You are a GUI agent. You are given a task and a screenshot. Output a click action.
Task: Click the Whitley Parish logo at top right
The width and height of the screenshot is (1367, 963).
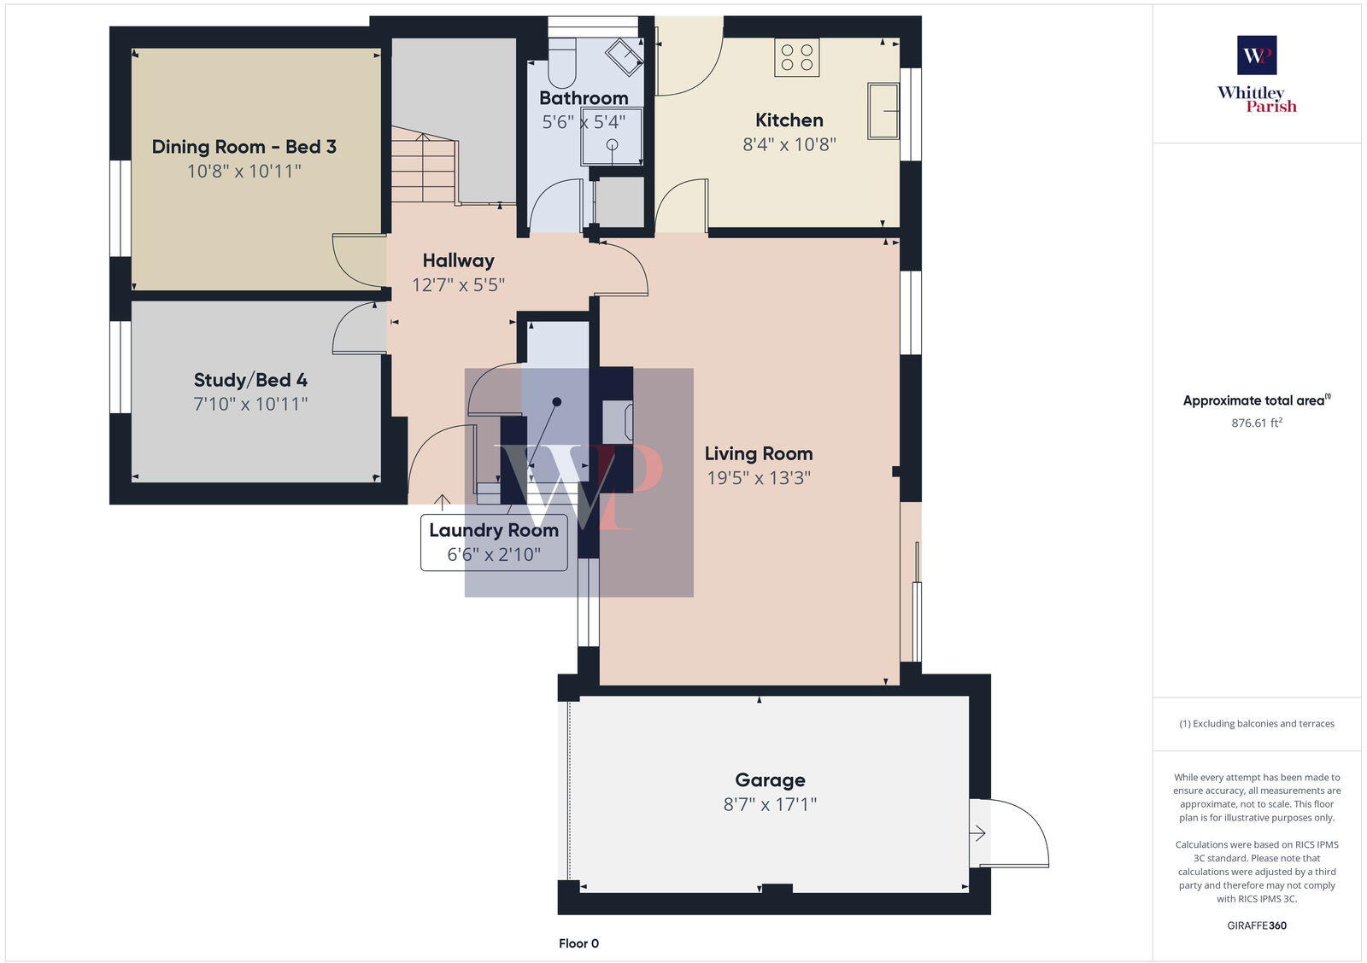coord(1257,75)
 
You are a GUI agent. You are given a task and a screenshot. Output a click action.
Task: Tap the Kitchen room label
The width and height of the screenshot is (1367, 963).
coord(789,120)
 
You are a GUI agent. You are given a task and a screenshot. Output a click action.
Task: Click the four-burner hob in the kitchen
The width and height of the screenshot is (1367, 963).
coord(796,57)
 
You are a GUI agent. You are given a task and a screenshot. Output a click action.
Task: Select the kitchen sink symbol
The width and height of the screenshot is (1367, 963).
coord(883,110)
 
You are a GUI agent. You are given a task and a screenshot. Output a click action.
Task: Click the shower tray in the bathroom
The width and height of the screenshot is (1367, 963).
coord(612,137)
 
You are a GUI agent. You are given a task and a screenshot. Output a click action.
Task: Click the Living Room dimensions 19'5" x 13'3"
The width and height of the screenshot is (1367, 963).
coord(758,478)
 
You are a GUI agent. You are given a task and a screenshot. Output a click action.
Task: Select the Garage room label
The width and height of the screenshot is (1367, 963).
coord(770,780)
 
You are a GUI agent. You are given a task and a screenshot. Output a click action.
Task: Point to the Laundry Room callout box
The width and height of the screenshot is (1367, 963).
coord(494,542)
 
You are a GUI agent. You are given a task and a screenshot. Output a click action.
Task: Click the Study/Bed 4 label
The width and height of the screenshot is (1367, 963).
coord(250,380)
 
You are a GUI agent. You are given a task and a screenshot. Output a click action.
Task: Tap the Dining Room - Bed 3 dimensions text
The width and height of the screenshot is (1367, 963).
coord(244,172)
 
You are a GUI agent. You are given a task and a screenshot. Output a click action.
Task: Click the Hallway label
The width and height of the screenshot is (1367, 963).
coord(458,260)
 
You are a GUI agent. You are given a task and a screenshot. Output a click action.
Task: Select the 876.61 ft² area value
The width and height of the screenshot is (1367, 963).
coord(1256,423)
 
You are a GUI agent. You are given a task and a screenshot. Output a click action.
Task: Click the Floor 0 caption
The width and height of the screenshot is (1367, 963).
coord(578,943)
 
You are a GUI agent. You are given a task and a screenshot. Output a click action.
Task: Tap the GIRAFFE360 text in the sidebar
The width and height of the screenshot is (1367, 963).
coord(1256,925)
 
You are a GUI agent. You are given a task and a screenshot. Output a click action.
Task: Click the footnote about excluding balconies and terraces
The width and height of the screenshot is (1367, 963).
coord(1256,724)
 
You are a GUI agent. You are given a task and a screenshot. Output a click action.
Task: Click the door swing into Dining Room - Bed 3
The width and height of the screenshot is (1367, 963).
coord(357,261)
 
